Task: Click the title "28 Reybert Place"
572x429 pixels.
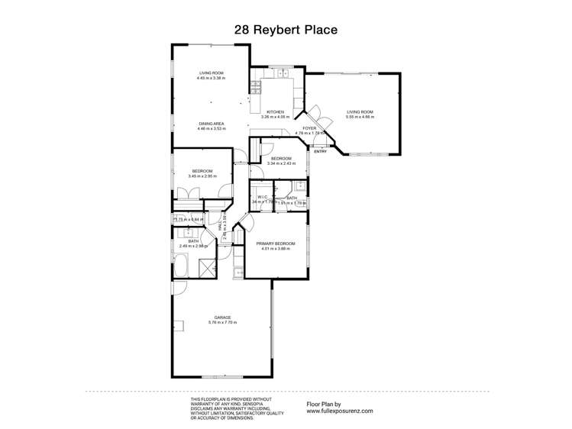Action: pyautogui.click(x=286, y=30)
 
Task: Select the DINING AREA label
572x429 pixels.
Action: pyautogui.click(x=211, y=124)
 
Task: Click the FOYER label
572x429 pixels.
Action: pyautogui.click(x=309, y=128)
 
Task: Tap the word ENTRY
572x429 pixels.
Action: pyautogui.click(x=320, y=150)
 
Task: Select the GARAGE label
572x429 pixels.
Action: pyautogui.click(x=223, y=317)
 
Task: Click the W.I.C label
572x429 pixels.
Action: pyautogui.click(x=262, y=196)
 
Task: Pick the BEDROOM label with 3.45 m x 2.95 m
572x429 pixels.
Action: pyautogui.click(x=202, y=171)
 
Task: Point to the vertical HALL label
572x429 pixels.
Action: pyautogui.click(x=221, y=227)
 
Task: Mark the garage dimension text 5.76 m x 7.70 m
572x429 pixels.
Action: pyautogui.click(x=223, y=322)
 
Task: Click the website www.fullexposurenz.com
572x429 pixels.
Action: pyautogui.click(x=340, y=411)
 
